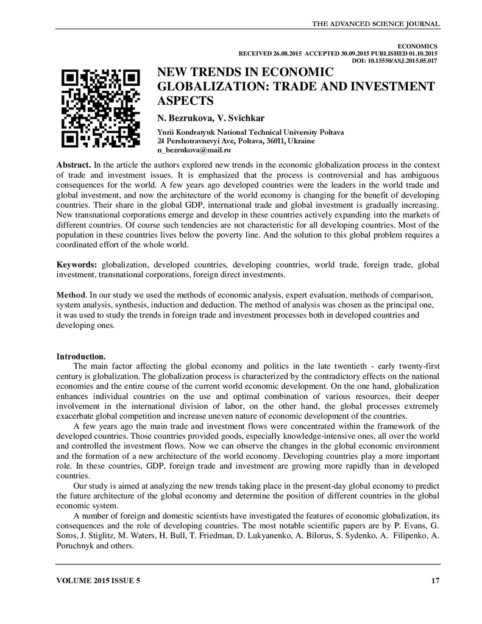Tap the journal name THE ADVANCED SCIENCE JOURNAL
[375, 24]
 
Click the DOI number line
[395, 60]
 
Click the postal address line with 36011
[236, 140]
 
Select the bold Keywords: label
[77, 266]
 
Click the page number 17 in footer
[435, 581]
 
